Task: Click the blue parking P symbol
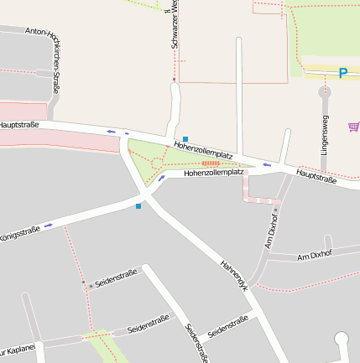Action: (x=342, y=74)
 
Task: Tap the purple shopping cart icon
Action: (x=353, y=127)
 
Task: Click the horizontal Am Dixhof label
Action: (x=316, y=255)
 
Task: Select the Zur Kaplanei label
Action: (x=17, y=349)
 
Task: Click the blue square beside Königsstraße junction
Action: (x=138, y=205)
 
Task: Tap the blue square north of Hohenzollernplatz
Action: (x=185, y=138)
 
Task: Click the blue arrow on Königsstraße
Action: (x=50, y=225)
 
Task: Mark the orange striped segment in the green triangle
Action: (x=210, y=163)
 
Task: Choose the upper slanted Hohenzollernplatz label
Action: (x=203, y=151)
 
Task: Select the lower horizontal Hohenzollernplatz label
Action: (x=213, y=173)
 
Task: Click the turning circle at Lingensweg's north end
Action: (x=325, y=91)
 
